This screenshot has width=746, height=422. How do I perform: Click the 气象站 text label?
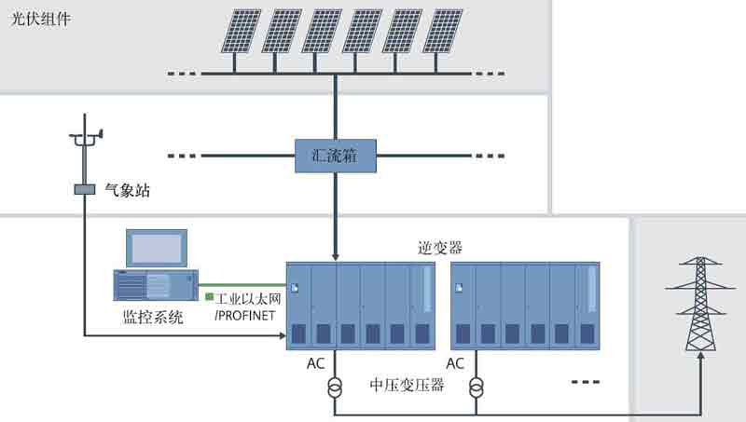coord(128,191)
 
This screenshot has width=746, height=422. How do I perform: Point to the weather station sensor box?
coord(85,190)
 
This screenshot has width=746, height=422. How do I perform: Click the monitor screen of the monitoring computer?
coord(157,247)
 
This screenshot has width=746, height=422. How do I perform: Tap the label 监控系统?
coord(154,317)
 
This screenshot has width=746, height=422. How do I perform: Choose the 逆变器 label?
coord(439,247)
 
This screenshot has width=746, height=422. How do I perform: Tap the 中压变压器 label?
coord(406,384)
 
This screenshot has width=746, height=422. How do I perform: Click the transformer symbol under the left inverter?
coord(334,385)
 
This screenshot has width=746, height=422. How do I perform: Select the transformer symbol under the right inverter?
coord(476,385)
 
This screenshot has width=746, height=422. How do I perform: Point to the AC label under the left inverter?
coord(316,363)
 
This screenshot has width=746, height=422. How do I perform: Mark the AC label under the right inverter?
coord(455,363)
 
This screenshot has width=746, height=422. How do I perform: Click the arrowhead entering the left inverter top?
coord(335,255)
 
